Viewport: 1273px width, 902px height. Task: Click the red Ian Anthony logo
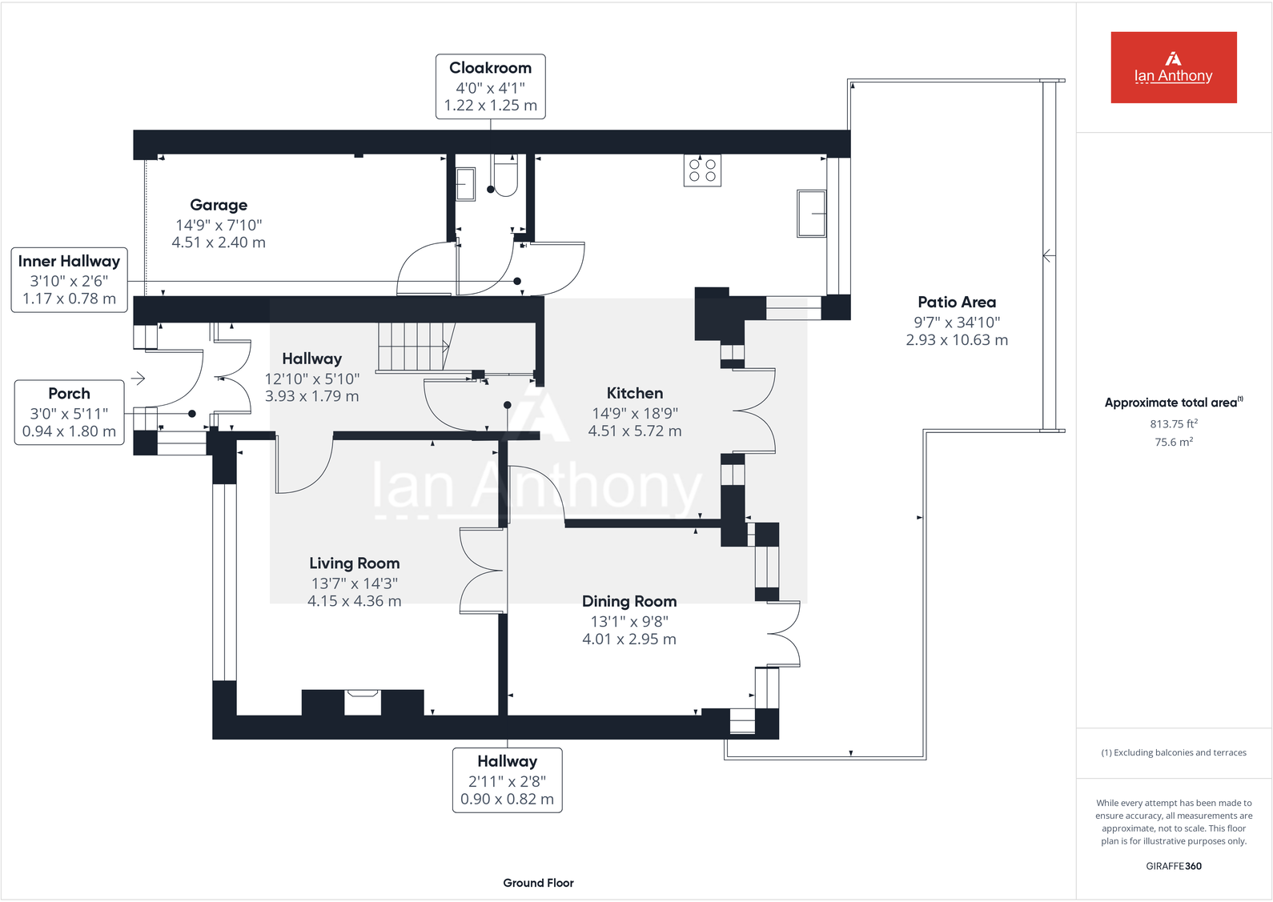[1173, 67]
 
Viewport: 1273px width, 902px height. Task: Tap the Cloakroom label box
[490, 86]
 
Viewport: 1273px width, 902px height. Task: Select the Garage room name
[219, 205]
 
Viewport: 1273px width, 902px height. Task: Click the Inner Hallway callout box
[69, 279]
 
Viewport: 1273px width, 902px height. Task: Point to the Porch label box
[69, 412]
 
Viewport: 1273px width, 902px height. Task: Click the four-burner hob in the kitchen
[702, 170]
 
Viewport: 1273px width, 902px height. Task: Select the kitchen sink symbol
[811, 213]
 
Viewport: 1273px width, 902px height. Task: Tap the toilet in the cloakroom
[505, 176]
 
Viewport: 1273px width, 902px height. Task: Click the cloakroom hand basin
[465, 183]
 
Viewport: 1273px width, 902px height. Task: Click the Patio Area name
[957, 302]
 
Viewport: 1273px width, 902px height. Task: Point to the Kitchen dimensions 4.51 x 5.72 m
[635, 431]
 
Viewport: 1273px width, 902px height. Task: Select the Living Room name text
[355, 563]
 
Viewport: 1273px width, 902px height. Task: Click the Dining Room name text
[629, 601]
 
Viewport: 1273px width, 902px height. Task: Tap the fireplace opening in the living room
[362, 702]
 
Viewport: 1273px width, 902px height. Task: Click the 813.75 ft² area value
[1174, 423]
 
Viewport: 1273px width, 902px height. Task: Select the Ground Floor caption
[538, 883]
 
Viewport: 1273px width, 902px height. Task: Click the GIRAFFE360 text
[1173, 866]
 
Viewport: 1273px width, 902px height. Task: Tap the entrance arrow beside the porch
[139, 378]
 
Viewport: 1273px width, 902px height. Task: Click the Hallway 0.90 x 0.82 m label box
[507, 780]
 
